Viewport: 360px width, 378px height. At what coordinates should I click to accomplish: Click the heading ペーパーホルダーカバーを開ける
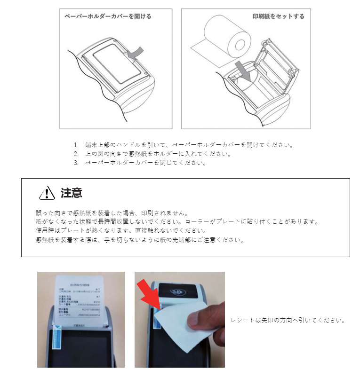tap(108, 16)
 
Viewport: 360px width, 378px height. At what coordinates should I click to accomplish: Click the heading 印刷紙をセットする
tap(278, 16)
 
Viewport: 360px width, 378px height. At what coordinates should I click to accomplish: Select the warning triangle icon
tap(48, 193)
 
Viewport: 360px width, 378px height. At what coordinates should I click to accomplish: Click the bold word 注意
tap(72, 193)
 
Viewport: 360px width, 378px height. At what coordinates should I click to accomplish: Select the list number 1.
tap(76, 145)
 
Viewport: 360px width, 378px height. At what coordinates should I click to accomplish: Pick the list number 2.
tap(76, 154)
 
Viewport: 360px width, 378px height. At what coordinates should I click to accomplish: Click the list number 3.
tap(76, 163)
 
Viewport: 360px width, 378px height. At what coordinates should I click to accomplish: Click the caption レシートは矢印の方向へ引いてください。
tap(288, 321)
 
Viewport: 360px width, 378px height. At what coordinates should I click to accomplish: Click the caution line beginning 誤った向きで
tap(112, 213)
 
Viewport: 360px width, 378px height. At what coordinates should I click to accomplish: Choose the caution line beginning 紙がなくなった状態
tap(177, 222)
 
